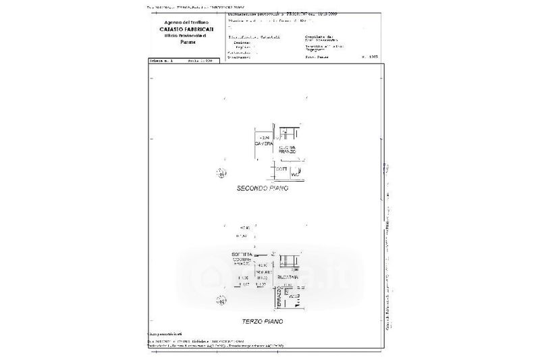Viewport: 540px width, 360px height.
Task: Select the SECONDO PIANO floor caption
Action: (262, 188)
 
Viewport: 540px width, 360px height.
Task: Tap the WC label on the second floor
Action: (295, 175)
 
